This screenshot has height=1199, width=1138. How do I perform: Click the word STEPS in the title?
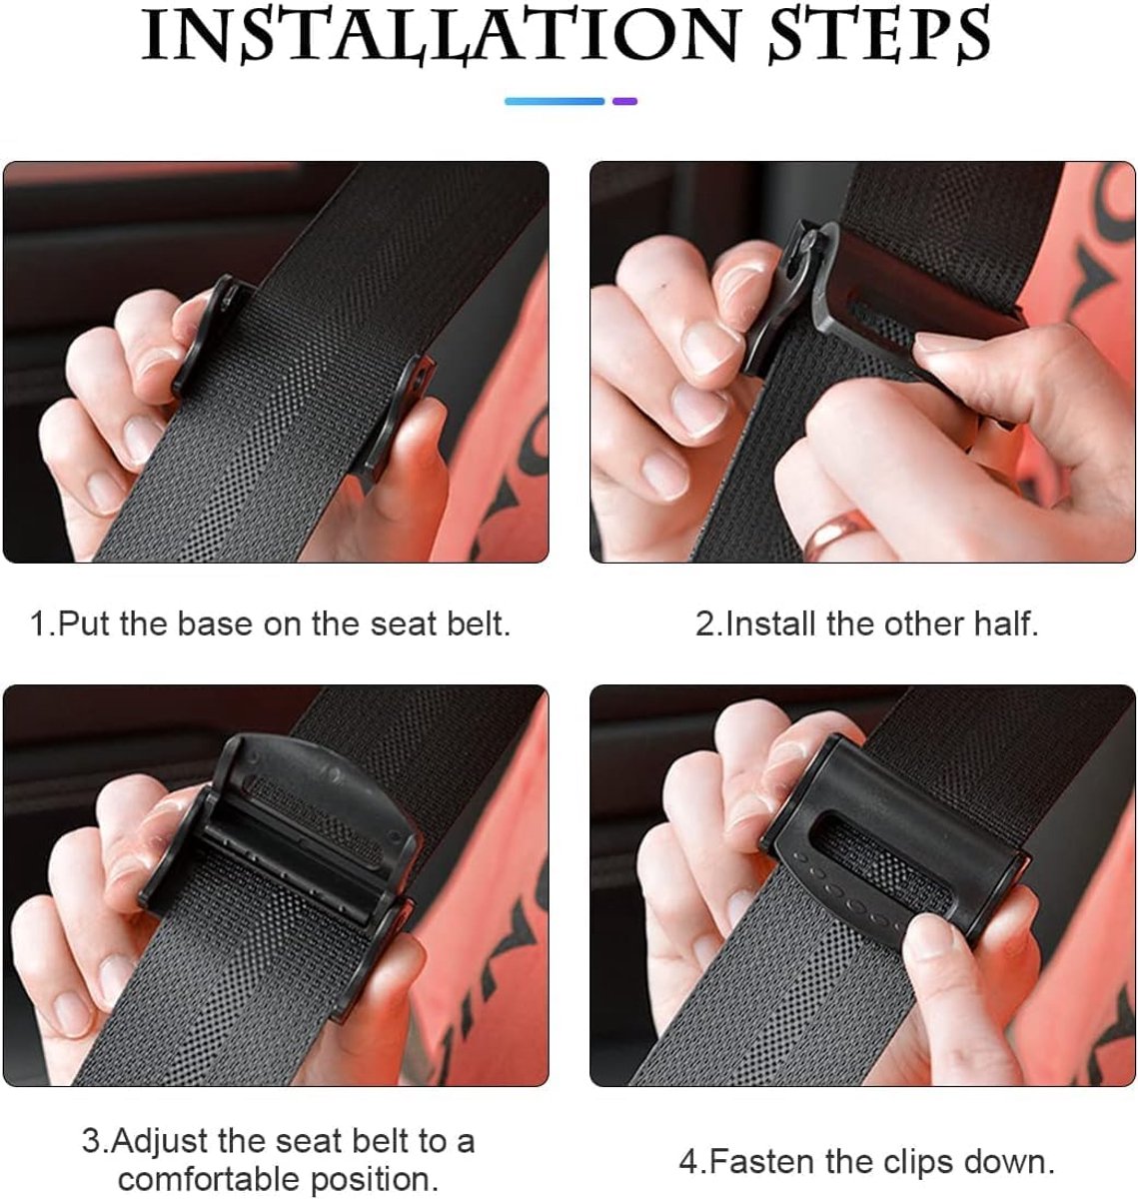[x=879, y=35]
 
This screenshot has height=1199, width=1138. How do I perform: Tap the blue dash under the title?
[x=555, y=101]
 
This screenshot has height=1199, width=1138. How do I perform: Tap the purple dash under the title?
[x=625, y=101]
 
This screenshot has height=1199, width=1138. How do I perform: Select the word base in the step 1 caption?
[x=213, y=623]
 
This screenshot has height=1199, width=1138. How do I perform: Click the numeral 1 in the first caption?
[x=38, y=623]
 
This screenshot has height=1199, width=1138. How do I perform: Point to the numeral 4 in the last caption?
[x=689, y=1162]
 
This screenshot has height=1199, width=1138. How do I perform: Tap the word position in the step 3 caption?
[x=374, y=1179]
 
